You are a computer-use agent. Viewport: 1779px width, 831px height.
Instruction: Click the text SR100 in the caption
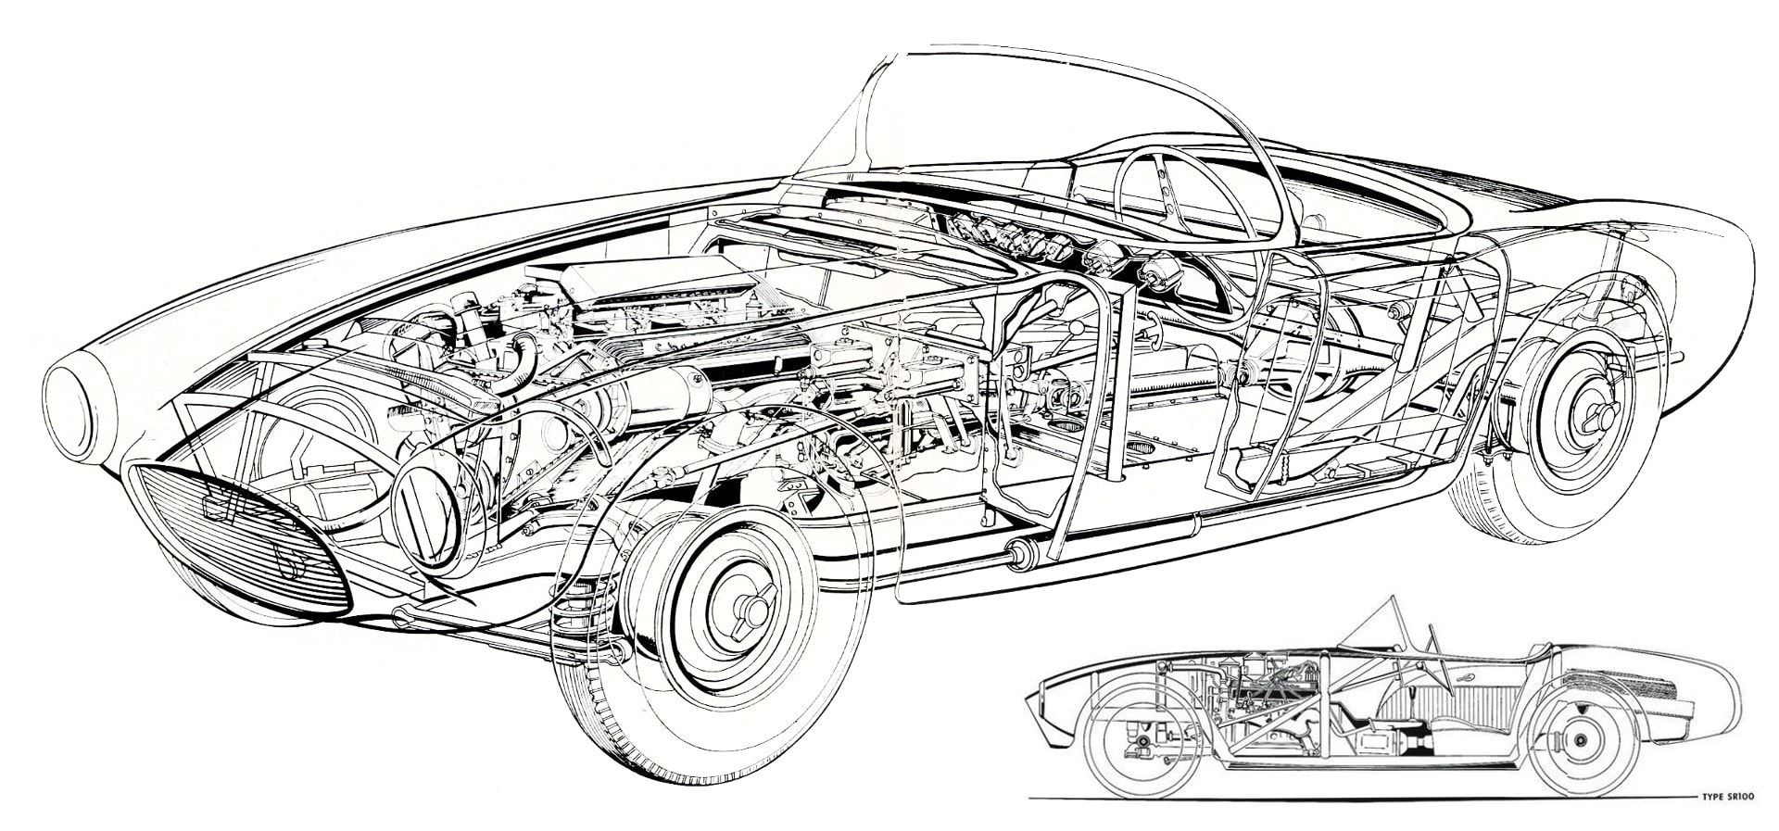coord(1750,796)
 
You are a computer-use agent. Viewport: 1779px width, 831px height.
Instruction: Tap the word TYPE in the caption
coord(1720,796)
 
